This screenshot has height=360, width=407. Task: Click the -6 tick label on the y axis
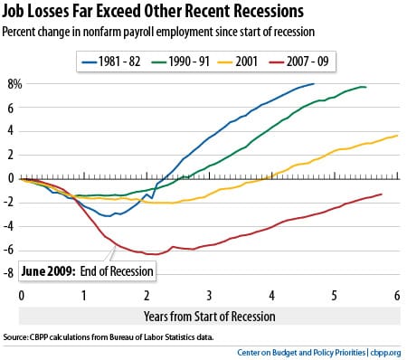[x=11, y=251]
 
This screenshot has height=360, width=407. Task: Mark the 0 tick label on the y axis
[x=13, y=179]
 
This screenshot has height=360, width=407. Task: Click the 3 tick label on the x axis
[x=209, y=295]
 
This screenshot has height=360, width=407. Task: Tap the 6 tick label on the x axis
[x=397, y=295]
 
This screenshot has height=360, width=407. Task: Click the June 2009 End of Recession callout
[x=87, y=270]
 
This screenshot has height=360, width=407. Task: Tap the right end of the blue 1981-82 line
[x=313, y=84]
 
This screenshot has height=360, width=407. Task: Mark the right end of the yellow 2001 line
[x=397, y=136]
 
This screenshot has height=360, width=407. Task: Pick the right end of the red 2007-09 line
[x=381, y=194]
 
